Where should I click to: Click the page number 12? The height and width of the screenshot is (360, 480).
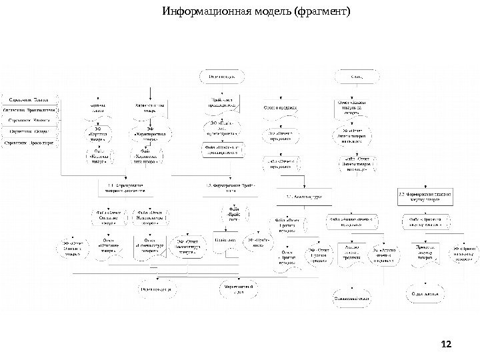click(x=447, y=343)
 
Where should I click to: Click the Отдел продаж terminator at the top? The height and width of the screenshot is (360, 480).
click(x=225, y=77)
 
